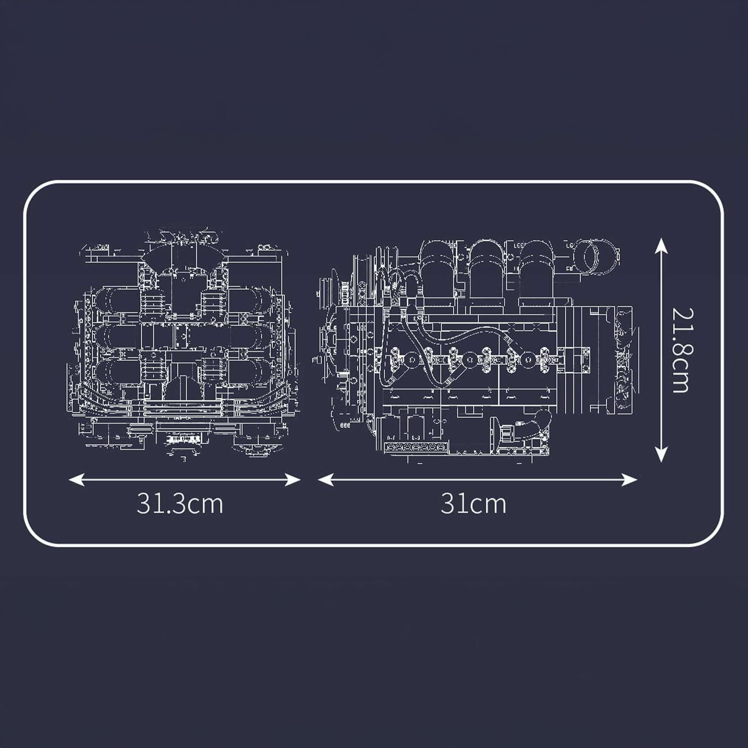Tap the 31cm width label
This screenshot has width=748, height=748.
point(473,504)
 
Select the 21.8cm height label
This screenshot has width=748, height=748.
point(680,351)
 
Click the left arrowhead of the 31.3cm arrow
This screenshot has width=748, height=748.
point(76,480)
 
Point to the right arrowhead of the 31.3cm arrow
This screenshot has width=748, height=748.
point(293,480)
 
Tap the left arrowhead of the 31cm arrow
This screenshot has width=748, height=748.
point(326,480)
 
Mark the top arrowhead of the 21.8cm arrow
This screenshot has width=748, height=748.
point(661,246)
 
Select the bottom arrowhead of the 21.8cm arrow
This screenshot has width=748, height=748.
point(661,455)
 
